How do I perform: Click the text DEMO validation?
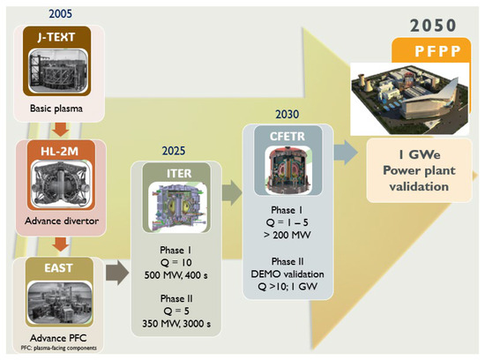pos(298,274)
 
